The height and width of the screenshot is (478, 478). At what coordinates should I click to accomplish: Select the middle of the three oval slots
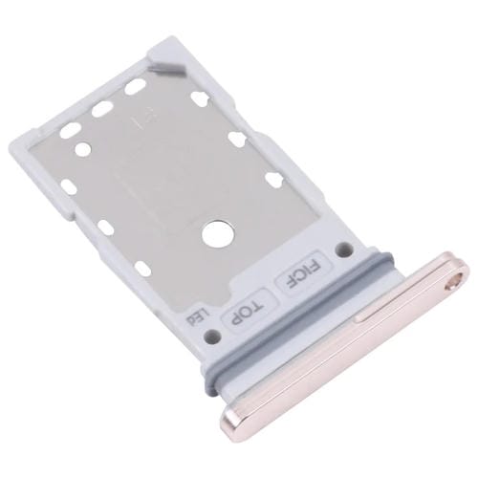pyautogui.click(x=101, y=108)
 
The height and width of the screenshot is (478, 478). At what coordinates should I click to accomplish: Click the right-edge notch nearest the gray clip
pyautogui.click(x=200, y=97)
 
